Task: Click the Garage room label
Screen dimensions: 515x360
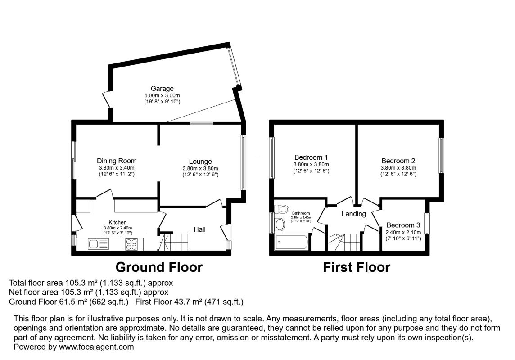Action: [x=162, y=89]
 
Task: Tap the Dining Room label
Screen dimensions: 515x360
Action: [x=117, y=161]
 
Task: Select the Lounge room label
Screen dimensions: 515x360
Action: [x=200, y=162]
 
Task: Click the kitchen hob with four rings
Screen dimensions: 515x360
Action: [x=132, y=244]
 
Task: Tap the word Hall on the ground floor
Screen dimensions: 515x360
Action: [x=200, y=229]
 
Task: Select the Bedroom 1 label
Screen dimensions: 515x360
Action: [x=311, y=157]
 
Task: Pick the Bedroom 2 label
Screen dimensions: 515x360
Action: [x=398, y=161]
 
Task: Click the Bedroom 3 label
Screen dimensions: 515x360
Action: [x=403, y=225]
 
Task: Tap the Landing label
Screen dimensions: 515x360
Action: [x=354, y=214]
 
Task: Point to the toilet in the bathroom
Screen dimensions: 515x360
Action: [x=281, y=209]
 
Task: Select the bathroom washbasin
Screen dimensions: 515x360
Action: [x=280, y=225]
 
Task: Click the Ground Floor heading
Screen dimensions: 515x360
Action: [x=159, y=267]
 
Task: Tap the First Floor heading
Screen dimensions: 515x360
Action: [x=357, y=267]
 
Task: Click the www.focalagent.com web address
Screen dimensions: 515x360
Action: [x=96, y=347]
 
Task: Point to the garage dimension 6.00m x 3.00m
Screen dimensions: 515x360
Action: [x=162, y=95]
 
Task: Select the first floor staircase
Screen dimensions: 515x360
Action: [x=345, y=242]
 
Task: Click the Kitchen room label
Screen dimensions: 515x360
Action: [x=117, y=222]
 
